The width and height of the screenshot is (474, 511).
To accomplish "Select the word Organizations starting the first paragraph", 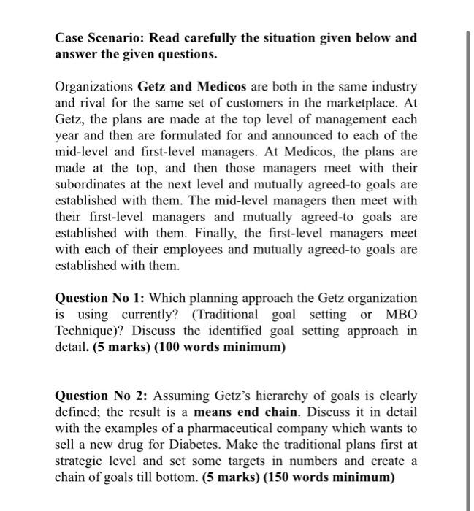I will [x=94, y=87].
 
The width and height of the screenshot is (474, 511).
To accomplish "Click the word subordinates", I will [x=91, y=185].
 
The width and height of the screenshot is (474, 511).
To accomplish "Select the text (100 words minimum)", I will [x=227, y=347].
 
